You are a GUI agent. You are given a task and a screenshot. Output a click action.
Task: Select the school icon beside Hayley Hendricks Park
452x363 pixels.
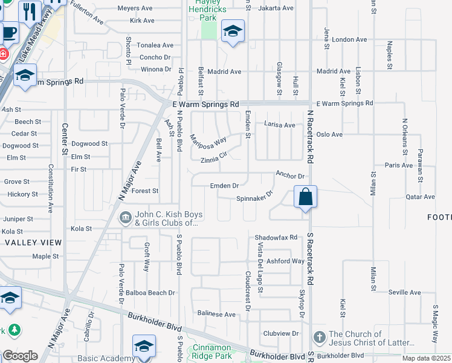tap(232, 32)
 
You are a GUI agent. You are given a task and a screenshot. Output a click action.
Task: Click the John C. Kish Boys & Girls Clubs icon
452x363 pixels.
tap(126, 217)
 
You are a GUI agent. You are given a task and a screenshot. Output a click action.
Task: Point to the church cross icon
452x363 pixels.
tap(320, 336)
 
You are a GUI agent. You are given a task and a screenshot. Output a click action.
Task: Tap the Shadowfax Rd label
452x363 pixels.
tap(276, 238)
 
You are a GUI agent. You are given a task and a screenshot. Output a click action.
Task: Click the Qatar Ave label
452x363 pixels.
tap(420, 197)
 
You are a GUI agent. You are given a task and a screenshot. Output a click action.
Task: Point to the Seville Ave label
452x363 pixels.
tap(404, 292)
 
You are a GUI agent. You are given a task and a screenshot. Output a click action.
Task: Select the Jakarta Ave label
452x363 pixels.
tap(276, 8)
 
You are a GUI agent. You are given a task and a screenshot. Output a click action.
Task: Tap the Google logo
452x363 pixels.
tap(20, 355)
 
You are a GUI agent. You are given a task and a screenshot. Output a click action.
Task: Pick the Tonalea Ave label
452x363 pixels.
tap(155, 45)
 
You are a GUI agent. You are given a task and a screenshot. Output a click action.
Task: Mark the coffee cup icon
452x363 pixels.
tap(9, 32)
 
